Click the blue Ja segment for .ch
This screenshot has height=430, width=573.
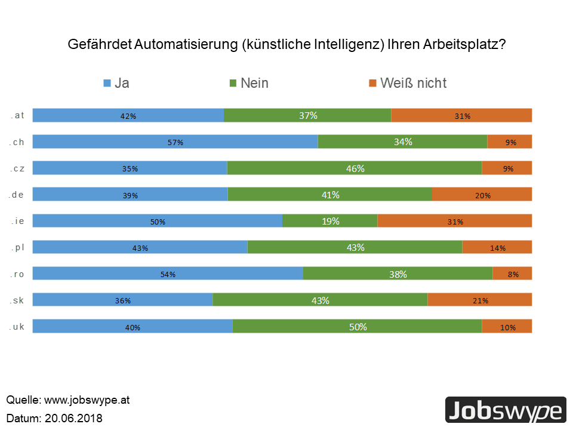[175, 142]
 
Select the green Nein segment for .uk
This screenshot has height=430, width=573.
[357, 326]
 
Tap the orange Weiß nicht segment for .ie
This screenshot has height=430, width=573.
[454, 221]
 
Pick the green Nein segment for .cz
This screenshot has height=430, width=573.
[355, 168]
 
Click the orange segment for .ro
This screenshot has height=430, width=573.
[512, 274]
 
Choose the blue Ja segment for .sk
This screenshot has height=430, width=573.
[122, 300]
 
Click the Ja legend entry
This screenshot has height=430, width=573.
[116, 83]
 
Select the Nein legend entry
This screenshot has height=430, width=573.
[248, 83]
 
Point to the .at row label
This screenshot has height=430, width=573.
[17, 115]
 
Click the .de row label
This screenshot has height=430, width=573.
[17, 194]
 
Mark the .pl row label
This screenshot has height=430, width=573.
[17, 247]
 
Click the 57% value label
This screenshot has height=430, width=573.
[175, 142]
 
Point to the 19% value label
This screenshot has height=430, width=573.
[330, 221]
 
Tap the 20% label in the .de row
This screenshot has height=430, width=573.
[482, 195]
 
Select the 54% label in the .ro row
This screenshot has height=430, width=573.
[168, 274]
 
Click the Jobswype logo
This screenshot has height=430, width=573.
[505, 411]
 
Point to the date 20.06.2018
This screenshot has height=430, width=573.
[73, 417]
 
